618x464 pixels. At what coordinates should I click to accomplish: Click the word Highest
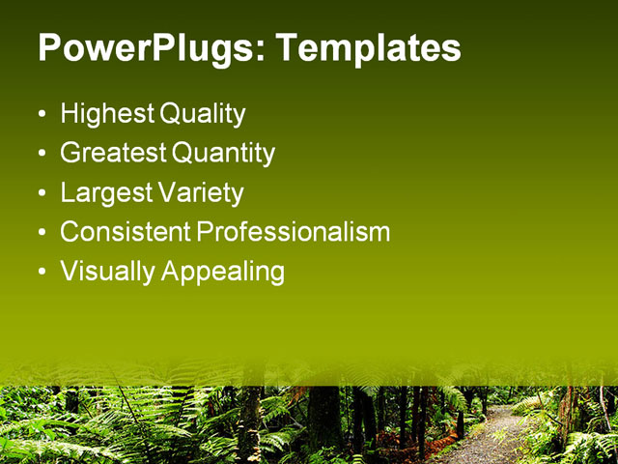pos(106,114)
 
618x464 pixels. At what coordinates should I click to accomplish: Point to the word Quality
pos(202,114)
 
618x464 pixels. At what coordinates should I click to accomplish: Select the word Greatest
pos(113,153)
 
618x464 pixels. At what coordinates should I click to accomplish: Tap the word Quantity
pos(223,153)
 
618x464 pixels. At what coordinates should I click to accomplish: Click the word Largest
pos(105,192)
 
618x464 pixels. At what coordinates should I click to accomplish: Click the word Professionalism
pos(294,232)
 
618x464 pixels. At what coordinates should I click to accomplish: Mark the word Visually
pos(107,272)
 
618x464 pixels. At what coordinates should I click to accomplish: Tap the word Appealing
pos(223,272)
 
